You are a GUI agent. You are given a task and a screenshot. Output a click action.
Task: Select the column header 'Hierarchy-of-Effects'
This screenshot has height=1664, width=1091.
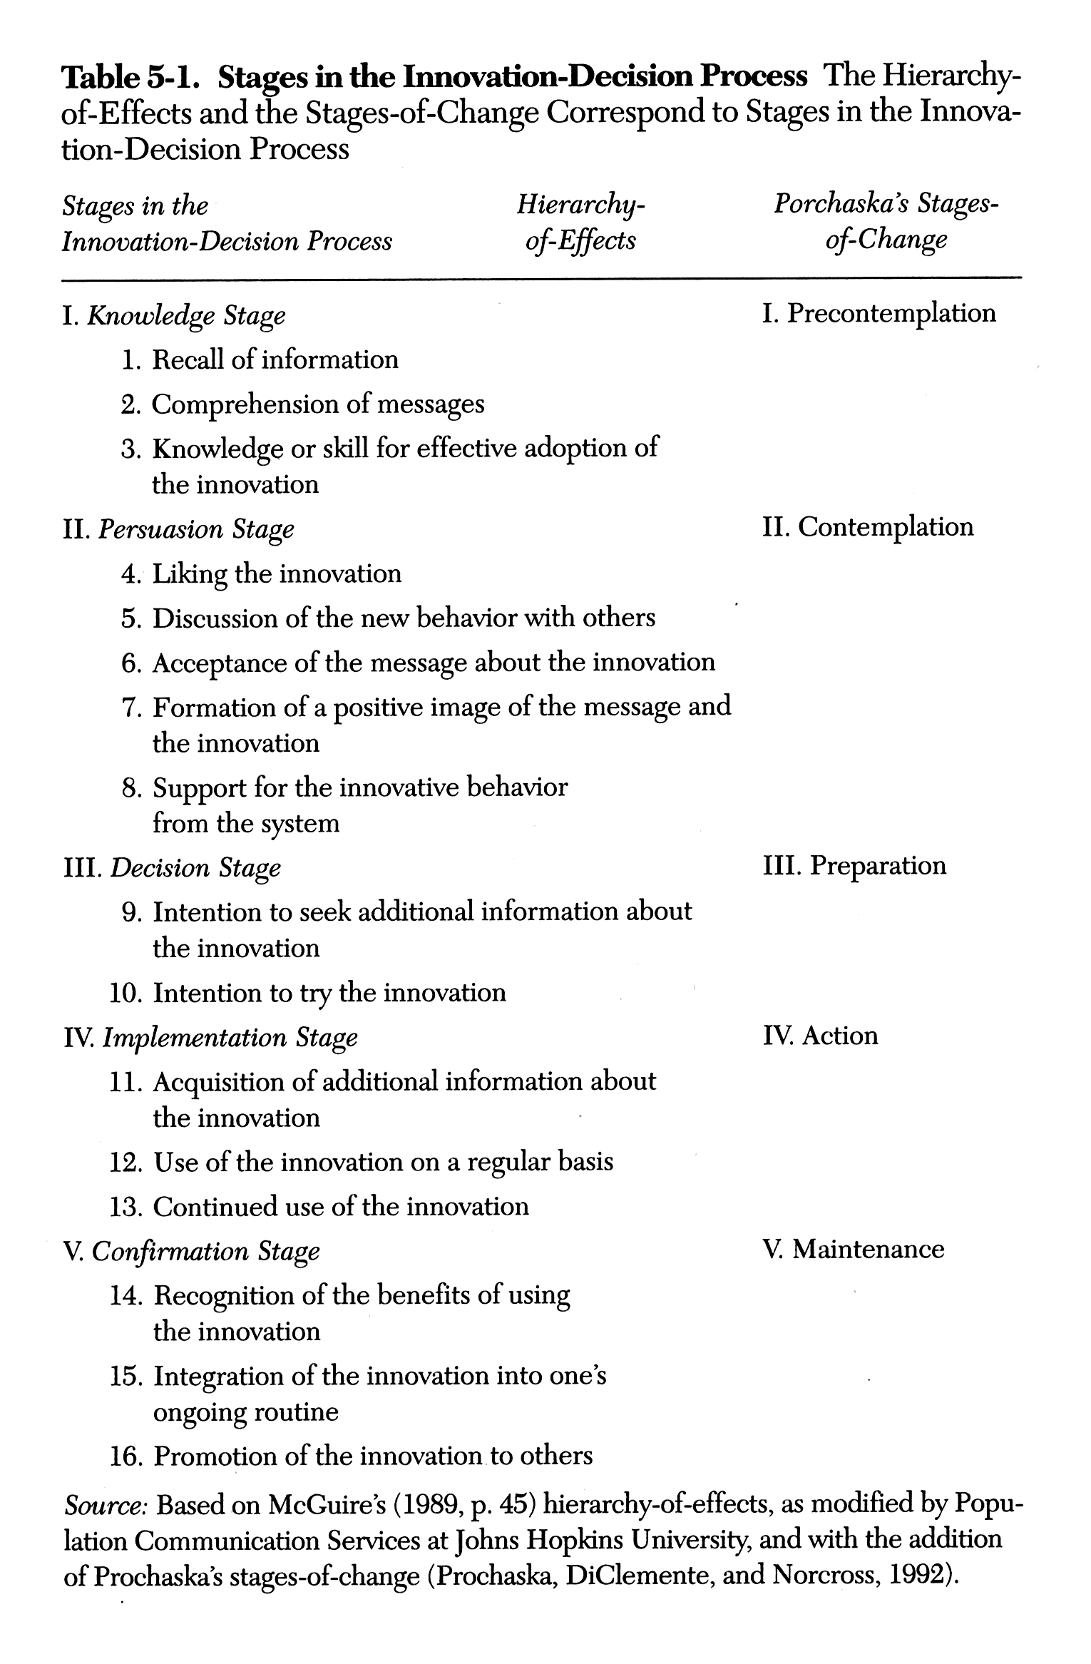coord(580,223)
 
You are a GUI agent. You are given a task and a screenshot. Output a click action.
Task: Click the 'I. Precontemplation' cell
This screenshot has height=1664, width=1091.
coord(879,313)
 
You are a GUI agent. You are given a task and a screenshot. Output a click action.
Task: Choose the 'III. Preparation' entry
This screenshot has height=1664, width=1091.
coord(854,866)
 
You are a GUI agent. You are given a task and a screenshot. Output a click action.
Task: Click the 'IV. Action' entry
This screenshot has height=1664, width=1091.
coord(820,1036)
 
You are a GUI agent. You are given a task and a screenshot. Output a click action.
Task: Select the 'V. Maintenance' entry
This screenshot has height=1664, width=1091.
coord(853,1249)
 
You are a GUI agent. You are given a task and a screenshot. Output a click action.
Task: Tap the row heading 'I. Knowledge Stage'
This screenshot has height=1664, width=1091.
coord(174,315)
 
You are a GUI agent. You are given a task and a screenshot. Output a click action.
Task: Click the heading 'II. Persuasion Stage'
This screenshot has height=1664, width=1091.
coord(178,529)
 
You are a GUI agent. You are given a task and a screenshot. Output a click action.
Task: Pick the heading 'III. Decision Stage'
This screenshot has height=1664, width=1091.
coord(172,868)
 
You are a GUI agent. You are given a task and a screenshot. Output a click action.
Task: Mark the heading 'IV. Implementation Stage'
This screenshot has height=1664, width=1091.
coord(210,1038)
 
